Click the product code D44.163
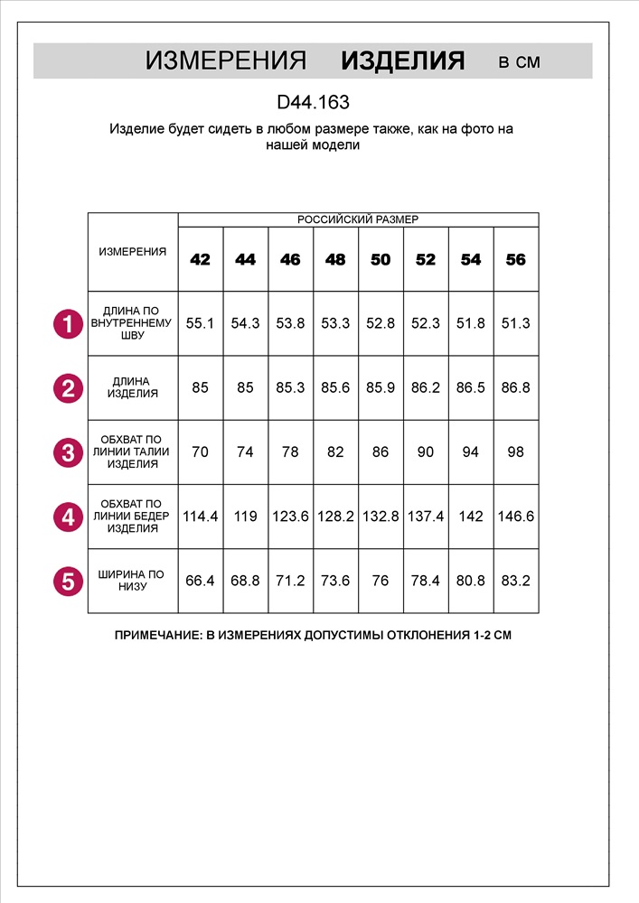point(313,103)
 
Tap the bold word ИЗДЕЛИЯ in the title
point(402,61)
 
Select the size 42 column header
point(200,259)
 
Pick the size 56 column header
point(515,259)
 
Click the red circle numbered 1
point(68,323)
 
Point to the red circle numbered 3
point(68,451)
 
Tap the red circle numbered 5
point(68,580)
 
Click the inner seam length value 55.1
point(200,323)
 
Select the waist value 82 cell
point(335,451)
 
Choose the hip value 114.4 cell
point(200,517)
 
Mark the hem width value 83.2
point(515,581)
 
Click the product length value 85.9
point(381,387)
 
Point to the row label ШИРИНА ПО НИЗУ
point(132,580)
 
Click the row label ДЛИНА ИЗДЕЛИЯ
point(132,387)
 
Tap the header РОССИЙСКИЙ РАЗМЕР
point(358,219)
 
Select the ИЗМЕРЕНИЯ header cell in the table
point(132,252)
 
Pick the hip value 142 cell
point(471,517)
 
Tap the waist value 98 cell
point(515,451)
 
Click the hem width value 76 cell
point(381,581)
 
